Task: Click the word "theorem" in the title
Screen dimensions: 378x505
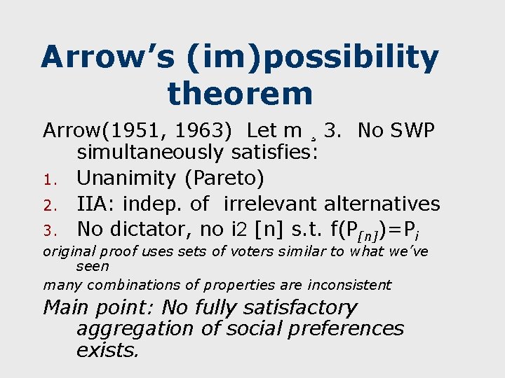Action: click(240, 93)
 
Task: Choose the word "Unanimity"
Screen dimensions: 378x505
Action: click(127, 178)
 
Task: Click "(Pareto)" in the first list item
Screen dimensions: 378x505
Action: click(224, 178)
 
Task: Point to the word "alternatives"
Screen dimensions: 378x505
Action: click(382, 204)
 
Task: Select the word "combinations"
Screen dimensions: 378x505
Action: click(116, 285)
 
